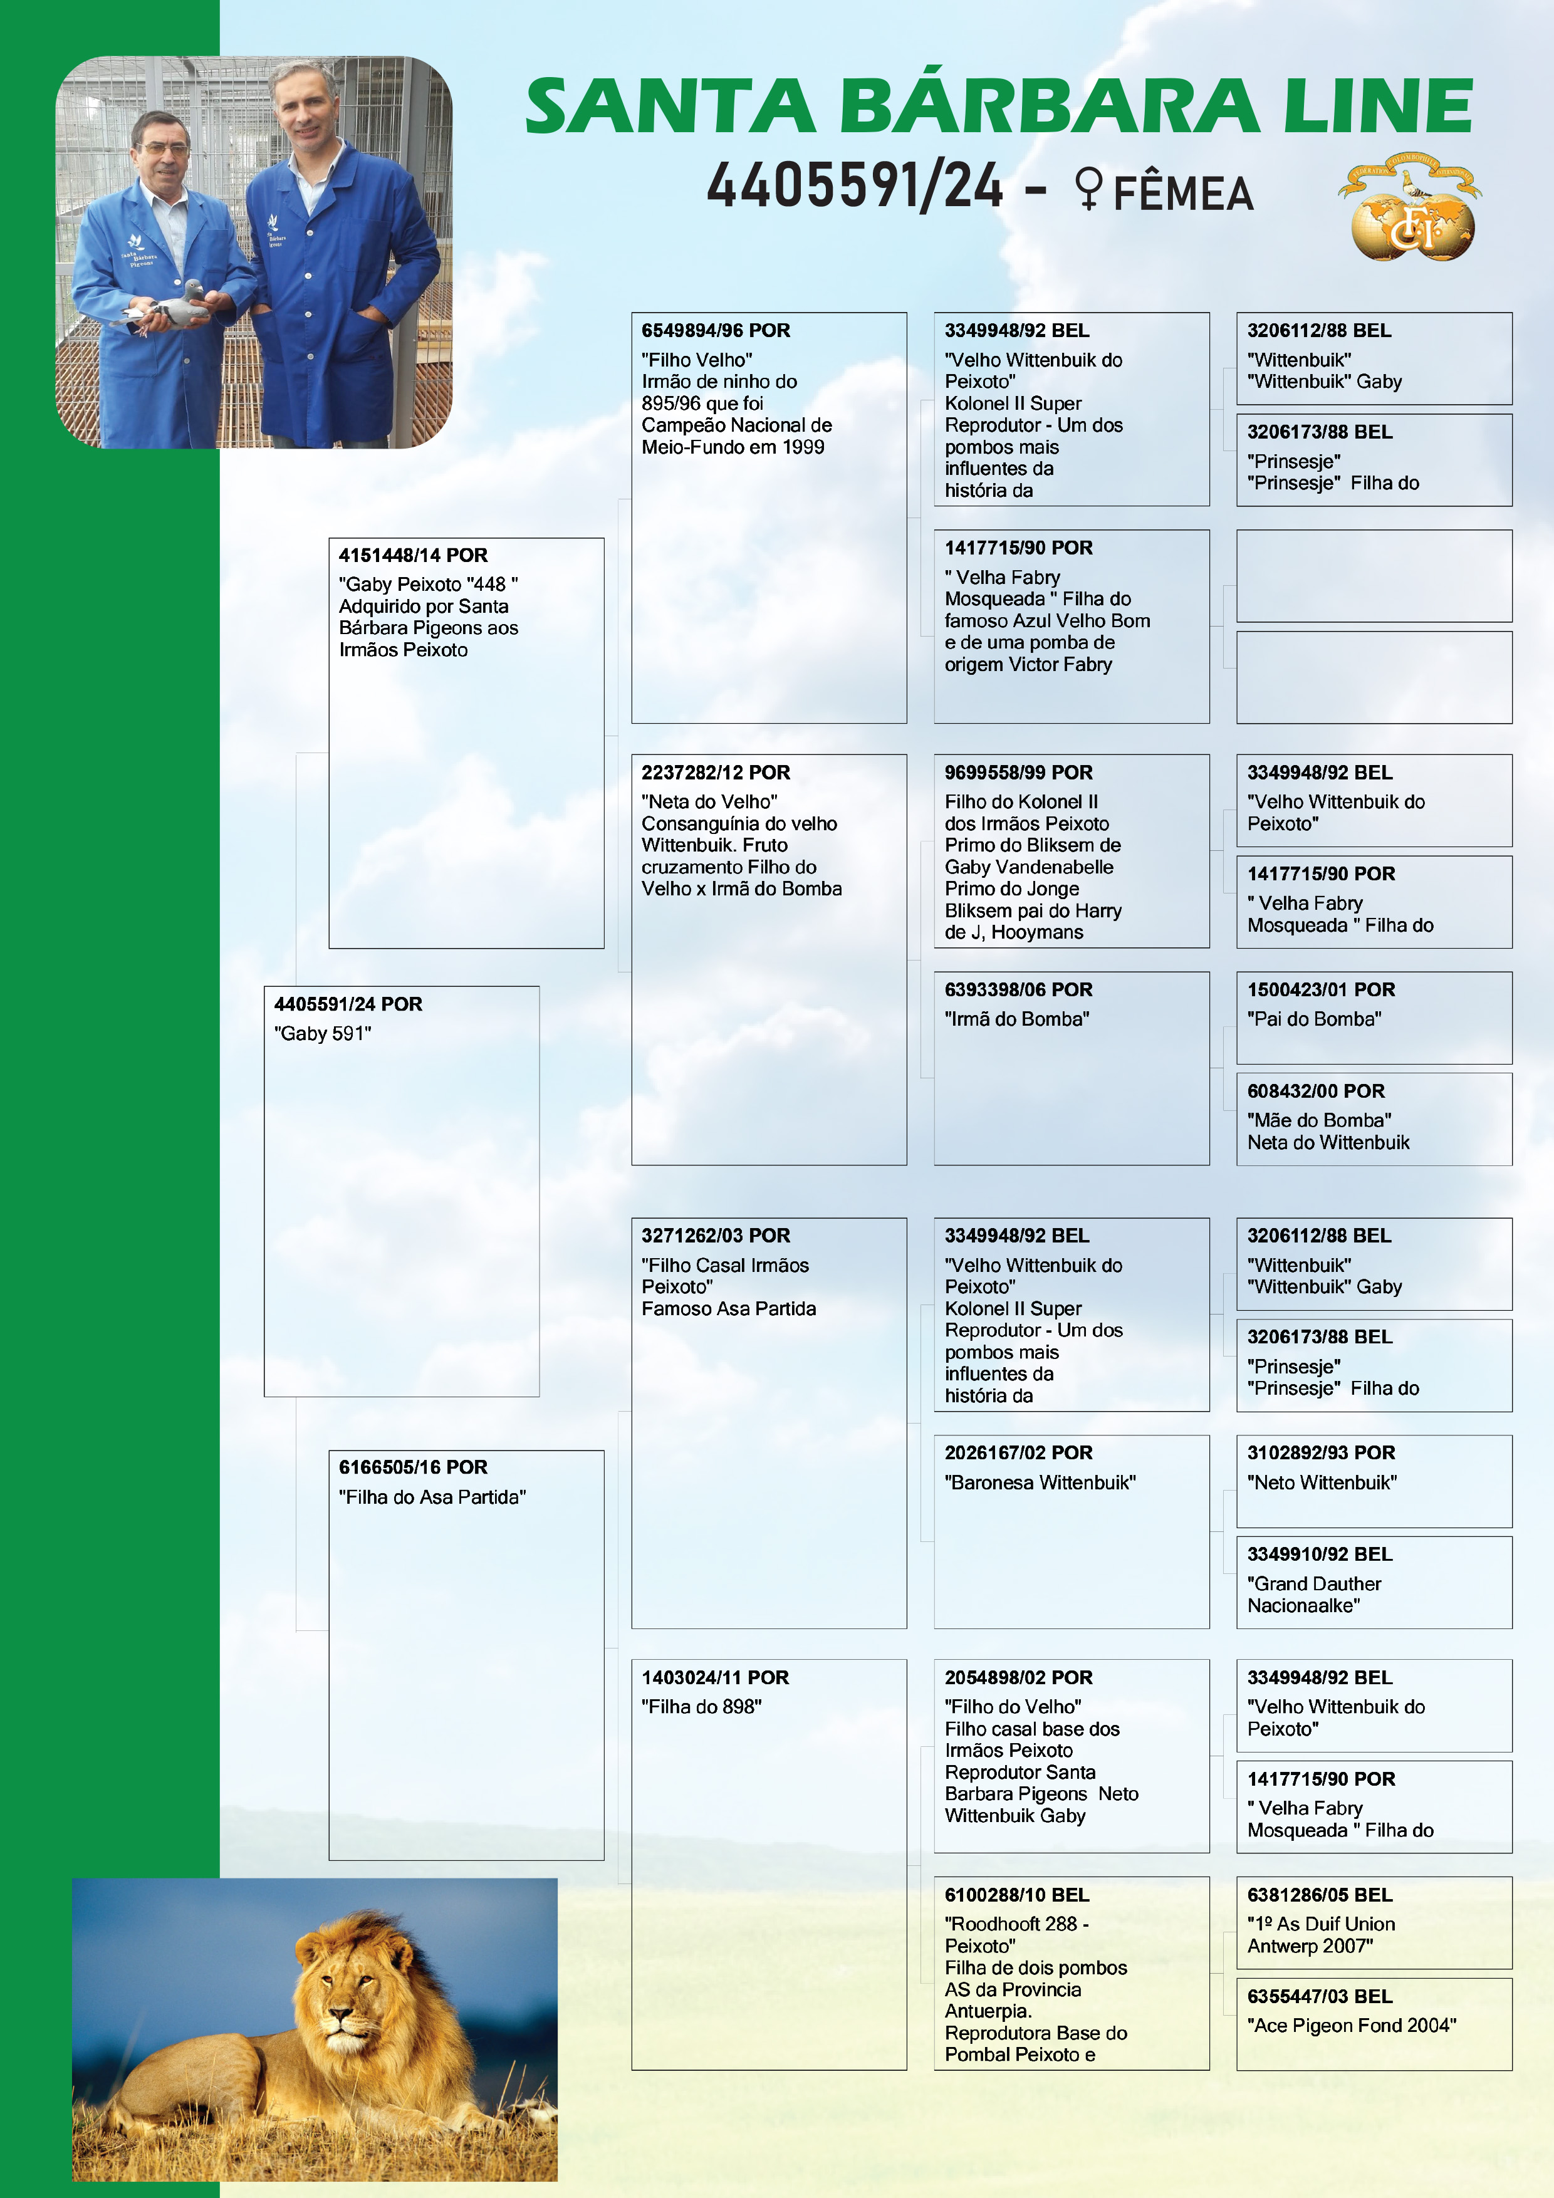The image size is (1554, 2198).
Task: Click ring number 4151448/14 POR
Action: [x=413, y=555]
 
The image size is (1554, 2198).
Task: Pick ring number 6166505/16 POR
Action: [x=413, y=1467]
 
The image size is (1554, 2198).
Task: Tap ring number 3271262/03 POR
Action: [x=715, y=1236]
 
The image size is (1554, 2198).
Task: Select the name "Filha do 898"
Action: [x=701, y=1707]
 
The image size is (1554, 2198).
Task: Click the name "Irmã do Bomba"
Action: [x=1017, y=1019]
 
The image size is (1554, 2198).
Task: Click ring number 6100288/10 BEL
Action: [x=1017, y=1895]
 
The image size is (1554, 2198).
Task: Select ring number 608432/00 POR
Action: [x=1316, y=1091]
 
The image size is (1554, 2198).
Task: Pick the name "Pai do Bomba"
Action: [x=1313, y=1019]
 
